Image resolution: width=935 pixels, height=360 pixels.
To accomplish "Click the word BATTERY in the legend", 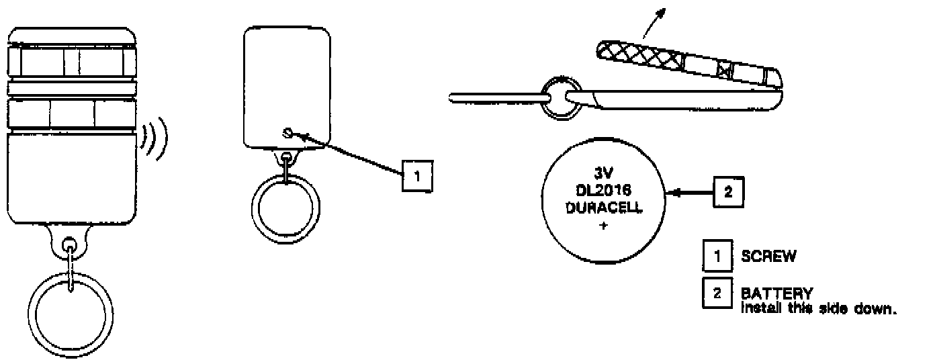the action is click(x=776, y=293).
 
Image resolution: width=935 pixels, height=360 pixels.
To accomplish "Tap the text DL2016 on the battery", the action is click(x=603, y=191).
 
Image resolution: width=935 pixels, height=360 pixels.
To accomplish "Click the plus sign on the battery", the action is click(x=603, y=226).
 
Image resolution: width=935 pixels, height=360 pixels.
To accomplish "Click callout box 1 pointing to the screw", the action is click(x=417, y=176).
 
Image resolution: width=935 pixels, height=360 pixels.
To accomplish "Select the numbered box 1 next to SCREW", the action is click(x=717, y=256).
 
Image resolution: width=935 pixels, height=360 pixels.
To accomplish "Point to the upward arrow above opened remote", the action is click(x=654, y=20).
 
